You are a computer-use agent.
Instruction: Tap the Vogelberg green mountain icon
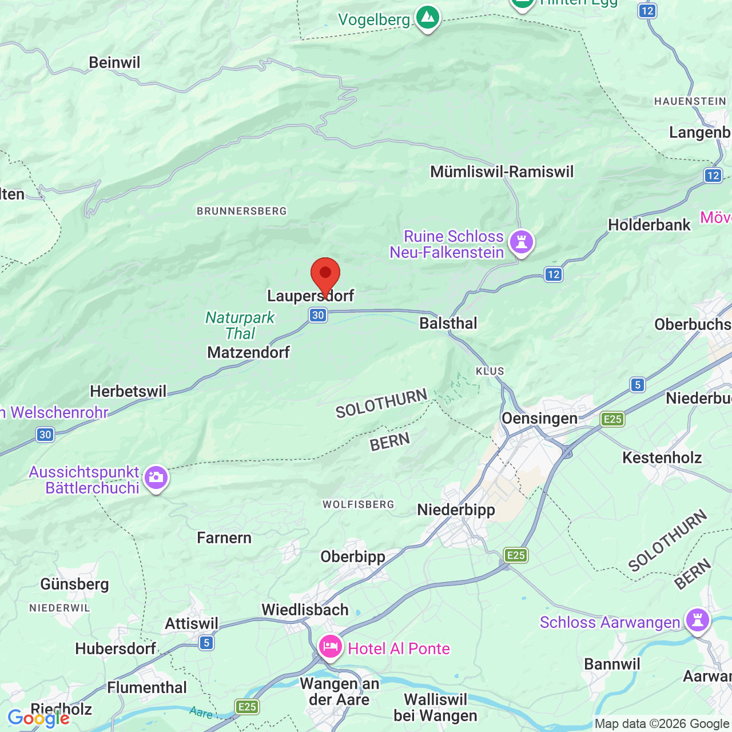pos(427,18)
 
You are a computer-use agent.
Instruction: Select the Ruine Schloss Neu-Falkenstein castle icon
pos(521,241)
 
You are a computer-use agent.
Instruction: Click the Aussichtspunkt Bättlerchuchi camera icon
pos(156,477)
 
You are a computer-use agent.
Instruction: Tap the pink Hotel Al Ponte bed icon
pos(331,647)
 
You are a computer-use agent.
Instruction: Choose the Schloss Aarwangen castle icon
pos(697,620)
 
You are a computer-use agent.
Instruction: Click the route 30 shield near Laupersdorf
pos(318,315)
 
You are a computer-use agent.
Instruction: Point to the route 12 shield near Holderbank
pos(713,176)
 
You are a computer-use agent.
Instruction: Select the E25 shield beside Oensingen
pos(612,419)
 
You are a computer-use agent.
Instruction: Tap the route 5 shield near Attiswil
pos(206,643)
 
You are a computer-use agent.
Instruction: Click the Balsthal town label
pos(448,323)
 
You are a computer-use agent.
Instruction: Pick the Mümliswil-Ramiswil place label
pos(502,172)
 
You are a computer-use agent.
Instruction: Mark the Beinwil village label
pos(114,62)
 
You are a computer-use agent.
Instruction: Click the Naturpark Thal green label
pos(240,325)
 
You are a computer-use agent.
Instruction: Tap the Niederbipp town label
pos(456,509)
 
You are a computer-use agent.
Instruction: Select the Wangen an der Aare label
pos(339,691)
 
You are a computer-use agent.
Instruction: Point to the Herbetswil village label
pos(128,391)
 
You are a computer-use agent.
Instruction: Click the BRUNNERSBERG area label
pos(241,211)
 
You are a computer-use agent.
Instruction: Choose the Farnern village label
pos(224,538)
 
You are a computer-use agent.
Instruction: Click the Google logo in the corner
pos(38,718)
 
